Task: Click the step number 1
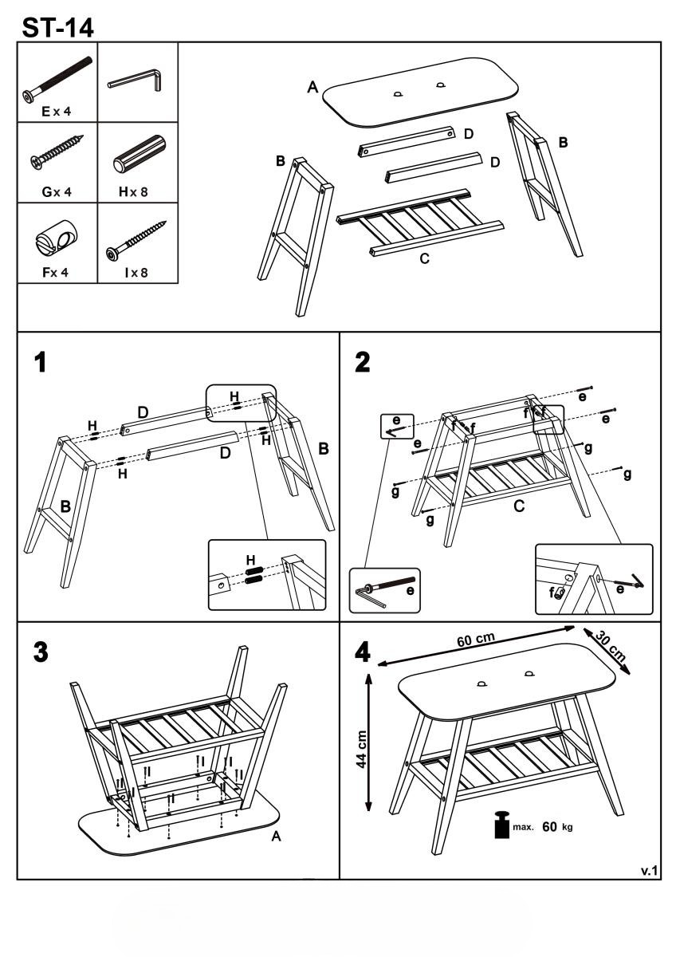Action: point(39,364)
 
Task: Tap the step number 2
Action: point(363,363)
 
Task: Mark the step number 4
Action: point(363,652)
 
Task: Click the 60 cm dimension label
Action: point(476,640)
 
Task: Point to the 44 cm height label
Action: point(362,750)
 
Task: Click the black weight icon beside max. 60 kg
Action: point(501,825)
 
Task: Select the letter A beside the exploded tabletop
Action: point(313,88)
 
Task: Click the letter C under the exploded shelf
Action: point(425,258)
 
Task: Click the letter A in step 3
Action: point(276,837)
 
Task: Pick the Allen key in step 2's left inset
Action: point(369,594)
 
